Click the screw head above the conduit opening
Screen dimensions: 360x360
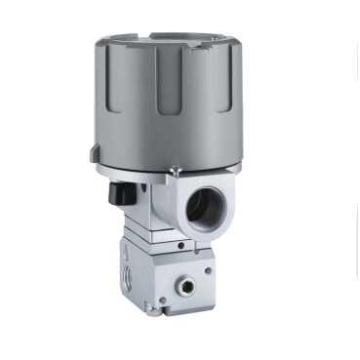coord(173,175)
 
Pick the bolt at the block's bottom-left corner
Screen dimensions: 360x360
coord(147,310)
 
